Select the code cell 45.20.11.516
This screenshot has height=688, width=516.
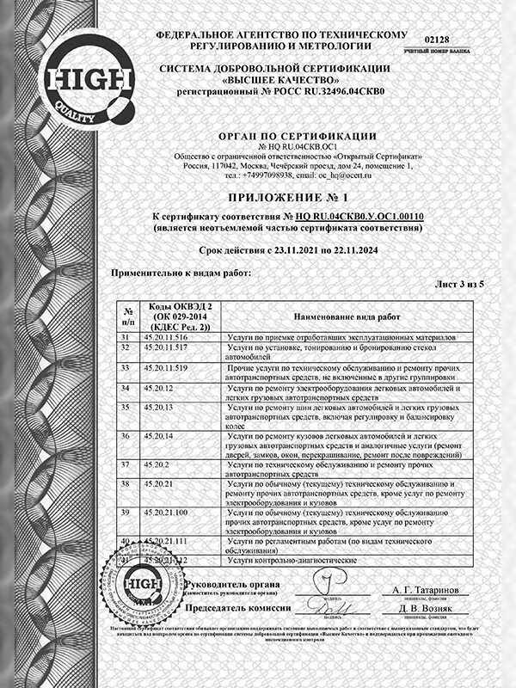(166, 337)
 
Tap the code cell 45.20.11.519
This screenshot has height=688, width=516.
(166, 367)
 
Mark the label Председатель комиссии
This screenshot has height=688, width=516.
(236, 608)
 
